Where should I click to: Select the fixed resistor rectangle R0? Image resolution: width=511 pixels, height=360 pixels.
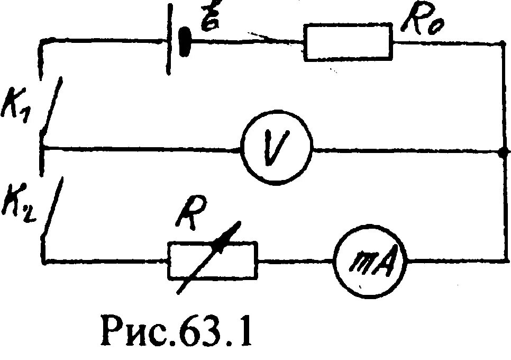pyautogui.click(x=349, y=43)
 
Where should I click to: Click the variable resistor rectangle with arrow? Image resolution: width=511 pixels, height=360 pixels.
pyautogui.click(x=213, y=260)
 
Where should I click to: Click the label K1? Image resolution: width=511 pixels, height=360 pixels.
pyautogui.click(x=18, y=101)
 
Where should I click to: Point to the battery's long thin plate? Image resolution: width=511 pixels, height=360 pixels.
pyautogui.click(x=168, y=40)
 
